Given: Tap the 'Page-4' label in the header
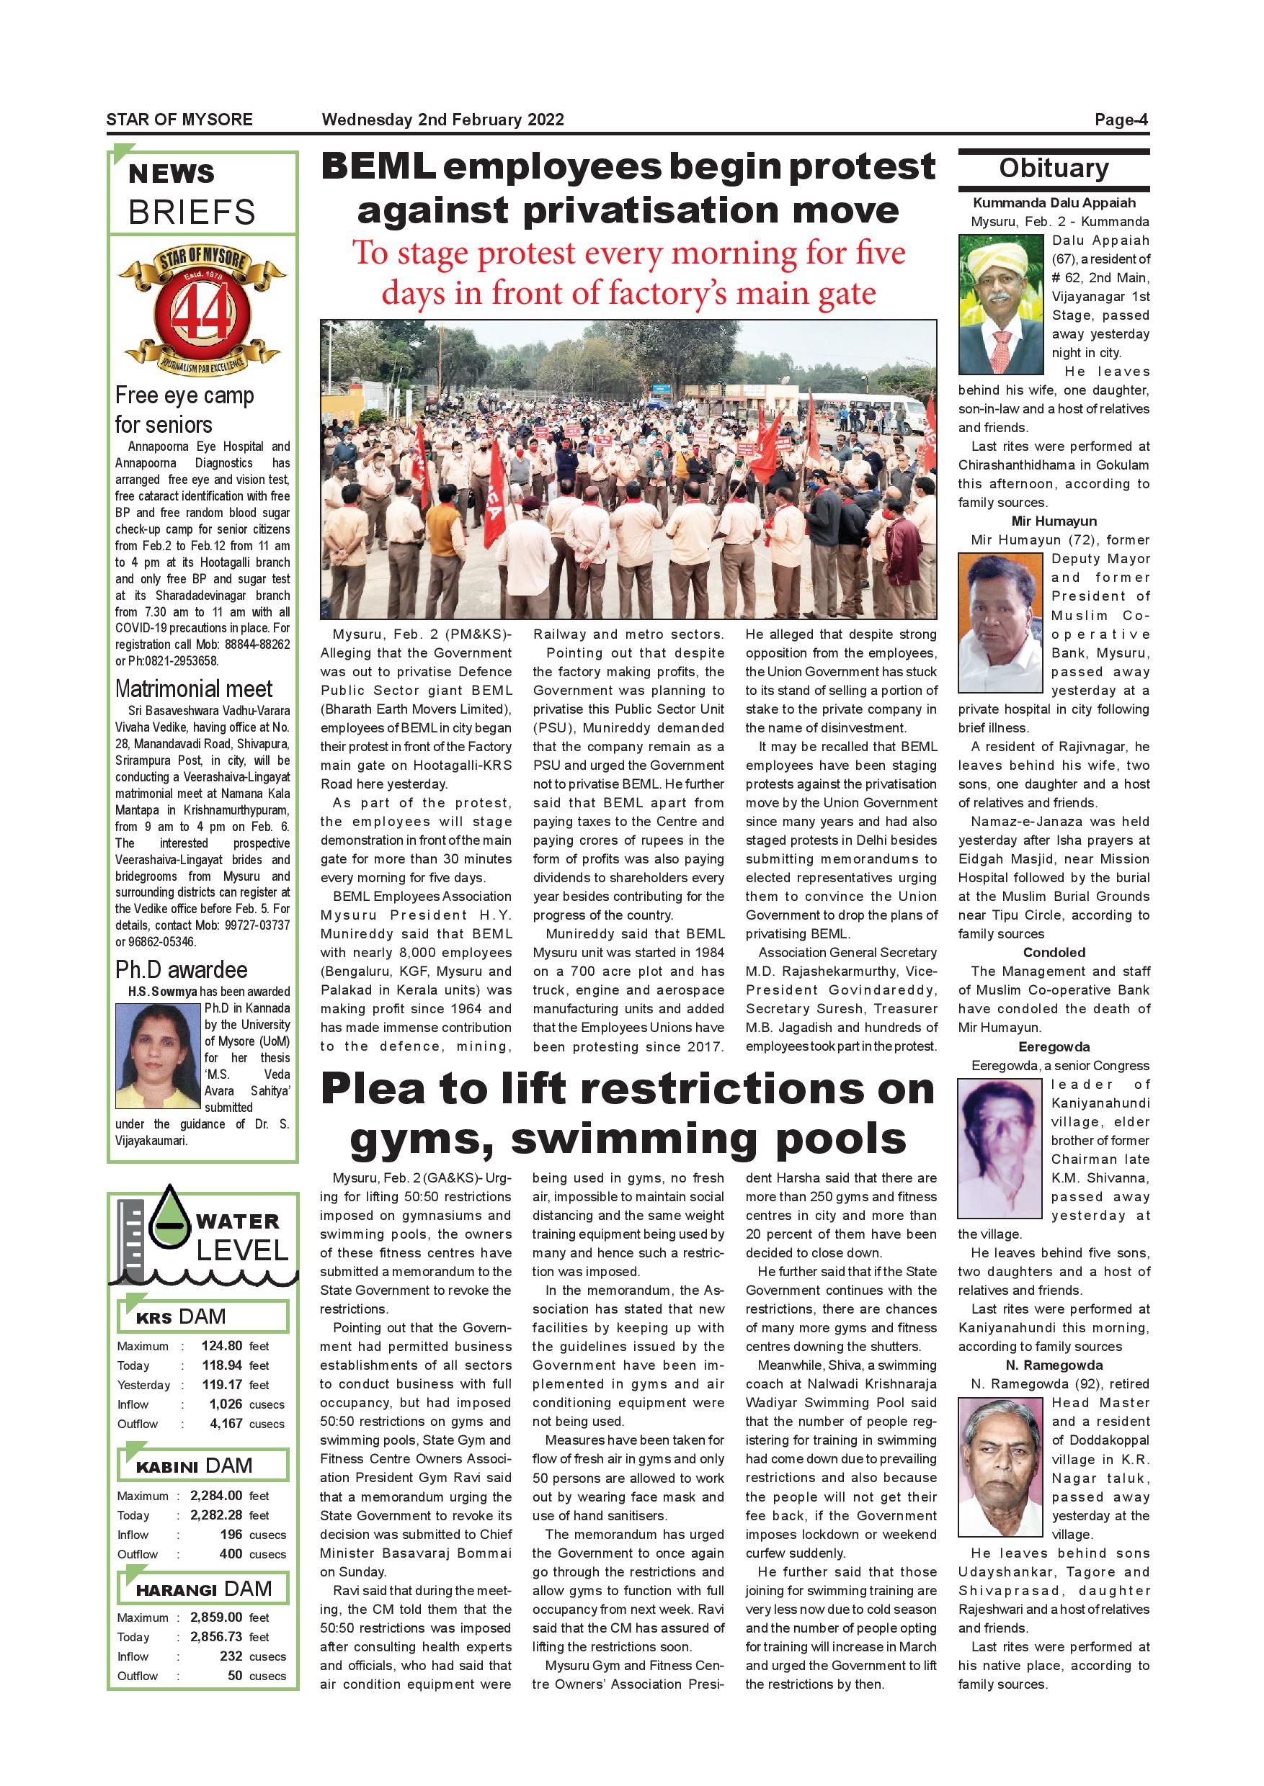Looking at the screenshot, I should (x=1121, y=120).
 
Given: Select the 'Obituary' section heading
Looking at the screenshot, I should (x=1053, y=169).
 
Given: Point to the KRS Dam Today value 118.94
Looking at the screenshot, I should (x=222, y=1365).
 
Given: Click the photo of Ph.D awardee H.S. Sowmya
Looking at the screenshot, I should (x=158, y=1056).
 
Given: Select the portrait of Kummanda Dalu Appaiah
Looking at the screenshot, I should (x=1000, y=305).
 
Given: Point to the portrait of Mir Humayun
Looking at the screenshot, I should (x=1000, y=622).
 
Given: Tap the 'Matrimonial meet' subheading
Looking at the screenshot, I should (x=194, y=689).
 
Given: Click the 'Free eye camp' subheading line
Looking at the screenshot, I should (x=184, y=396).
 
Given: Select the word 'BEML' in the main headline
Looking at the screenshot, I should (x=378, y=167).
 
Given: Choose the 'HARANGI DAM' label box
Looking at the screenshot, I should (x=203, y=1589).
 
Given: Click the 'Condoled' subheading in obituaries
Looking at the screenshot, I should (x=1054, y=953).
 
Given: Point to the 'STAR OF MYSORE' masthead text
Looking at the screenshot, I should (x=179, y=120).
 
